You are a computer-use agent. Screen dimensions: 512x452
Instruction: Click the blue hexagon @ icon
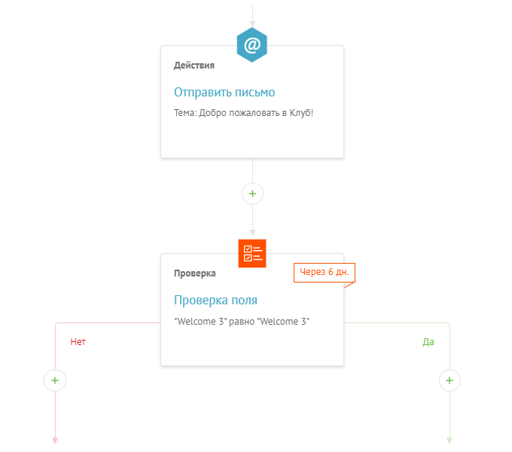click(252, 44)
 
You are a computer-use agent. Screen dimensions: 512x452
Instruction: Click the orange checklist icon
click(252, 253)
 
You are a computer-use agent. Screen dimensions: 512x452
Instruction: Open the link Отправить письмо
click(224, 93)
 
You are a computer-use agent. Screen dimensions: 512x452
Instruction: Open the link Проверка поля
click(215, 300)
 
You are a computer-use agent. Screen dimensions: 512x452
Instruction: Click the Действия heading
click(194, 66)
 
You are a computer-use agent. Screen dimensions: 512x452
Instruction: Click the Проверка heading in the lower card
click(194, 273)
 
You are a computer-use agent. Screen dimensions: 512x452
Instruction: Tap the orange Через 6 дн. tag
click(325, 273)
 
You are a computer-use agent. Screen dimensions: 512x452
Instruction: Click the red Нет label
click(78, 342)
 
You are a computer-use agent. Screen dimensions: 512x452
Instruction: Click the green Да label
click(428, 342)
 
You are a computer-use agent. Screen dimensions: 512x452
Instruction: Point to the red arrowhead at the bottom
click(55, 441)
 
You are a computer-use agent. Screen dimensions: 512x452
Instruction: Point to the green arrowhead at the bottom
click(450, 441)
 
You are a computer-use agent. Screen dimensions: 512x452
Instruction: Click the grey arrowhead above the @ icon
click(252, 24)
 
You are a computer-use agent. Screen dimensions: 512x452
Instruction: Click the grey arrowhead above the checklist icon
click(252, 233)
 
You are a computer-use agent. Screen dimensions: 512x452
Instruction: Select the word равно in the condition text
click(242, 322)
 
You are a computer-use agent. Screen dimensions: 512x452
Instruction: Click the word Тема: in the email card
click(185, 113)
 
